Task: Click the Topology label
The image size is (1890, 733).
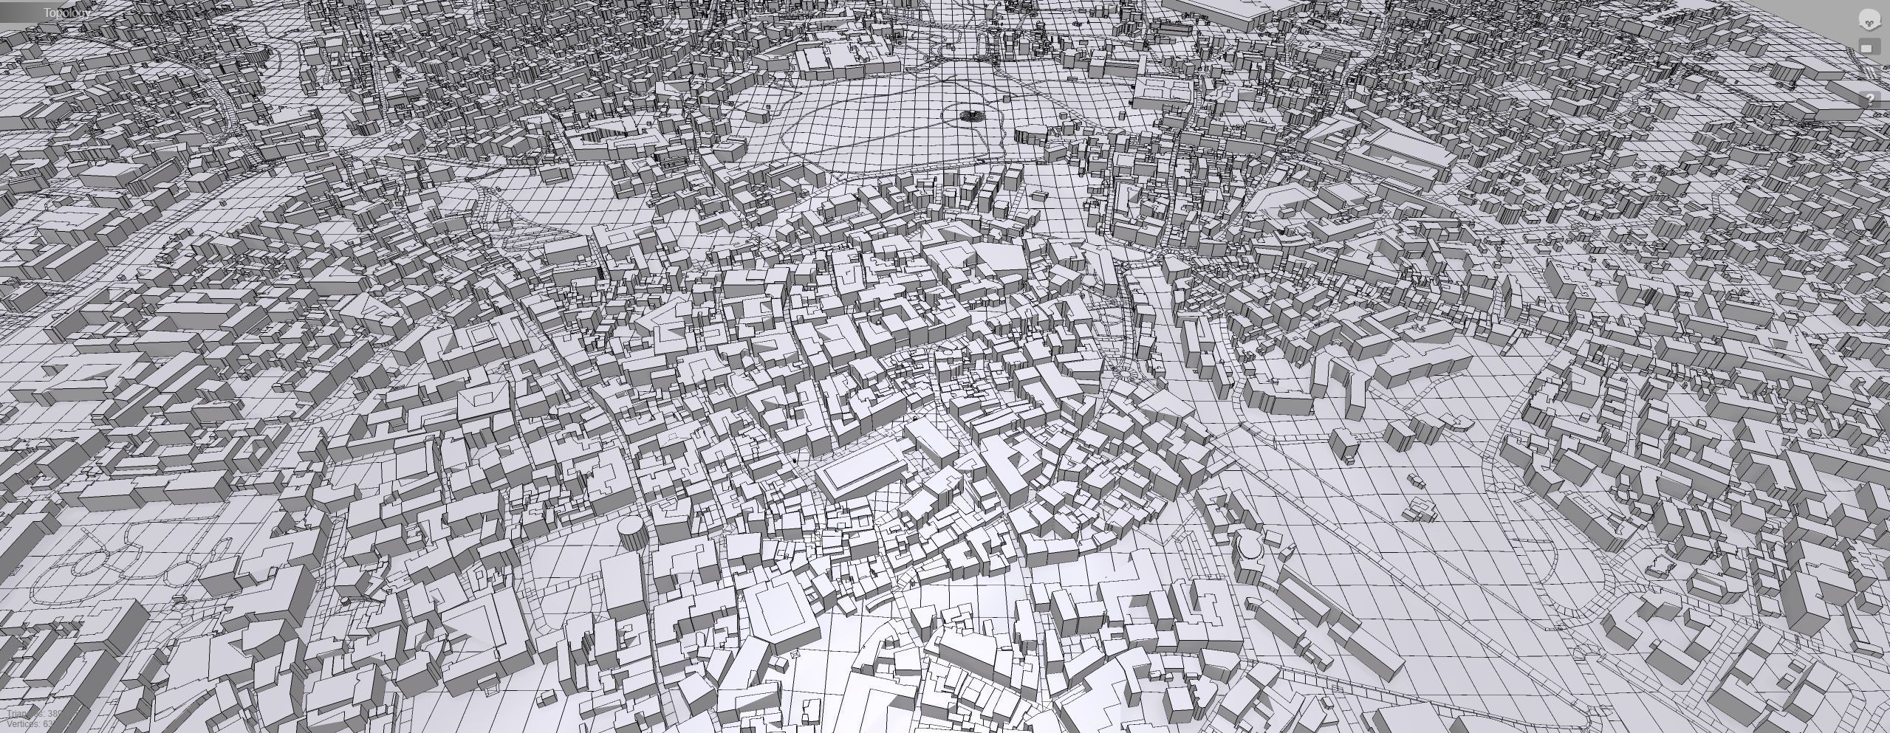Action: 66,13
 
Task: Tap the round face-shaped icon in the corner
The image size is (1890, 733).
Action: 1869,20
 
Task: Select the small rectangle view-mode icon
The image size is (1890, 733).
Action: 1868,48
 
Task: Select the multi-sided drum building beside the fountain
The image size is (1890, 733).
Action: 1030,135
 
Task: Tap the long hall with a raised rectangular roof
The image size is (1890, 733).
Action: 860,472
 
